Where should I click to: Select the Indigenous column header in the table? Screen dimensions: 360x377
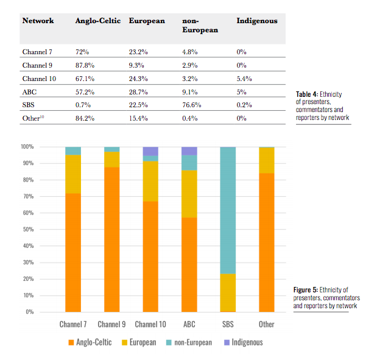(256, 21)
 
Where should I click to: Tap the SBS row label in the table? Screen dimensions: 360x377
(28, 105)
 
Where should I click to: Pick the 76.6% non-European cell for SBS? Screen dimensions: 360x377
(192, 105)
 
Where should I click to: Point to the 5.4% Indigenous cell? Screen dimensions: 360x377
(244, 79)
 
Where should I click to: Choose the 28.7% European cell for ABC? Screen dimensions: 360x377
(138, 92)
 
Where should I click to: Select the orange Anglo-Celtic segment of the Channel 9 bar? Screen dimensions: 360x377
(112, 238)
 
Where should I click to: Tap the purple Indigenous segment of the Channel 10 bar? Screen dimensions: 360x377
(150, 151)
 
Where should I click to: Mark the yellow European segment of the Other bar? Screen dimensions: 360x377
(266, 160)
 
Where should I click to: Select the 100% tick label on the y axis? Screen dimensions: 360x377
(26, 147)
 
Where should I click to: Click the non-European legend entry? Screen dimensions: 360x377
(189, 342)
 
